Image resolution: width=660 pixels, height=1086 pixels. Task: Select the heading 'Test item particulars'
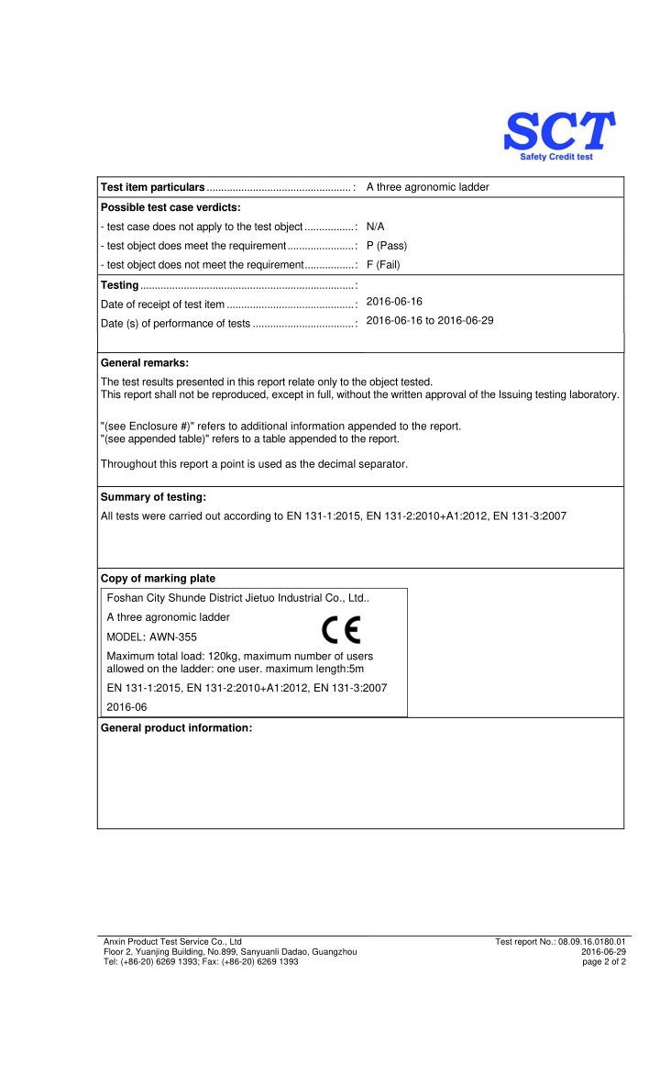pos(152,187)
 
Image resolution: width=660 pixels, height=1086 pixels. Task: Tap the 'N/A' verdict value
pos(375,226)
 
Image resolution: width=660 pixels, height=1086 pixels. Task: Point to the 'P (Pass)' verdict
pos(386,246)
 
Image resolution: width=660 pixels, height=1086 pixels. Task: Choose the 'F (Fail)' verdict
pos(383,265)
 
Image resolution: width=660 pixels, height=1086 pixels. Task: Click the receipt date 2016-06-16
pos(394,301)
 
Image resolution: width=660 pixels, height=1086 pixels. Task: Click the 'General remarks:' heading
pos(145,363)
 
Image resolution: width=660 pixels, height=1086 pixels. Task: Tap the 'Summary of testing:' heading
pos(153,497)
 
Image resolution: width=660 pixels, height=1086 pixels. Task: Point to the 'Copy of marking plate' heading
pos(158,578)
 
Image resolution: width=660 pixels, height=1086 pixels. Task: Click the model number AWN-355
pos(173,637)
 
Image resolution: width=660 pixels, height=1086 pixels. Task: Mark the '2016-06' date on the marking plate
pos(126,707)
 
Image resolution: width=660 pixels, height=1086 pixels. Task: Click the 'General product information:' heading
pos(176,728)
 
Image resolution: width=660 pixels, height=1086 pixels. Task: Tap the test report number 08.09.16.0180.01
pos(592,941)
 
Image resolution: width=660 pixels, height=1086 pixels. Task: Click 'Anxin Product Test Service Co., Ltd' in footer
pos(172,941)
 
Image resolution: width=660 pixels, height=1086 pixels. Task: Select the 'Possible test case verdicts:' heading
pos(170,206)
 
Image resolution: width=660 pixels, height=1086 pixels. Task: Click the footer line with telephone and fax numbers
pos(201,961)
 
